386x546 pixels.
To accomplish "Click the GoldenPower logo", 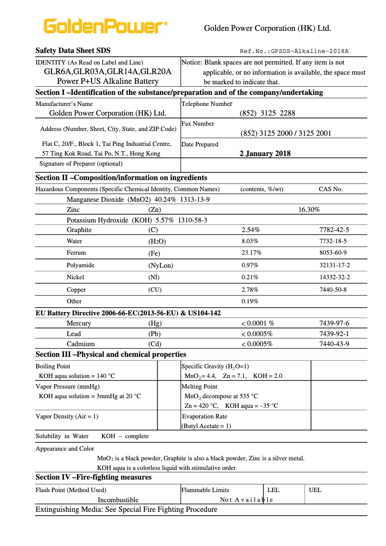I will [105, 27].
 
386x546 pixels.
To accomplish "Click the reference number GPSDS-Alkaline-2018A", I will [295, 51].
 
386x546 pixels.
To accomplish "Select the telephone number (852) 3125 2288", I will [267, 113].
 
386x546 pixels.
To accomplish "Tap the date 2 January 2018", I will [265, 154].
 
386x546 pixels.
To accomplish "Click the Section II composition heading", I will [121, 178].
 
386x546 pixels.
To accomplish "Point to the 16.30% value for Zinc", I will [309, 209].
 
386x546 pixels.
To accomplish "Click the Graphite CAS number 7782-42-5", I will [334, 230].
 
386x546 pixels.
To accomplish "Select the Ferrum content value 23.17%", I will [250, 253].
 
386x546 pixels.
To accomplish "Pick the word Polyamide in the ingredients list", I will [80, 265].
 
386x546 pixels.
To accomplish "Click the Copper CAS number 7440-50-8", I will [333, 290].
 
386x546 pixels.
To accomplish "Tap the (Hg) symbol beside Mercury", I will [155, 324].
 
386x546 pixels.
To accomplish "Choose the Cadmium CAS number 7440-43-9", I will [334, 344].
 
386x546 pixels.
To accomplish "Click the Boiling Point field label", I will [53, 366].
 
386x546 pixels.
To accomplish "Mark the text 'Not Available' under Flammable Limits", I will [246, 500].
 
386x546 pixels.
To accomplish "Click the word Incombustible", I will [118, 500].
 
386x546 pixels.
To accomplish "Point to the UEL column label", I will [315, 490].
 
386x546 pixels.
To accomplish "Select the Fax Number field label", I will [198, 124].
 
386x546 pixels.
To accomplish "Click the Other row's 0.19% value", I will [250, 301].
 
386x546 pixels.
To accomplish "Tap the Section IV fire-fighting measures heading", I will [93, 477].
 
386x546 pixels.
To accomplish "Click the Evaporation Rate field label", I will [205, 416].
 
